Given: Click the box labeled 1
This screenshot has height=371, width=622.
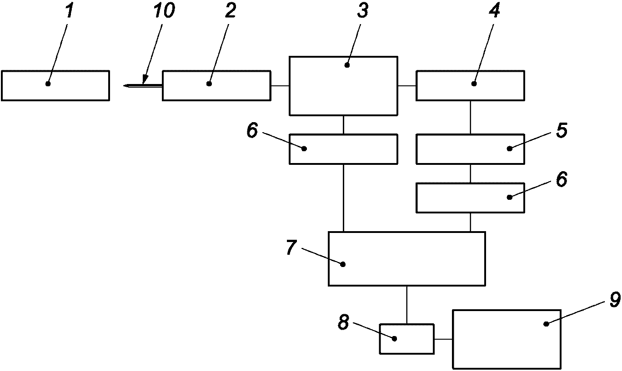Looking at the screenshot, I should click(55, 85).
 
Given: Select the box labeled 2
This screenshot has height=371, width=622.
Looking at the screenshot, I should click(216, 85).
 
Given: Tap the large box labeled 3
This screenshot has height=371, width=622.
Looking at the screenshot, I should click(343, 86).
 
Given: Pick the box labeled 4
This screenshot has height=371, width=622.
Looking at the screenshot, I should click(470, 85).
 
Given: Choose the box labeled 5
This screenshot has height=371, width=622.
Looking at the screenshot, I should click(470, 149).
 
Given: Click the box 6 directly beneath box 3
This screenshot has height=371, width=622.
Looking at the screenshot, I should click(343, 149).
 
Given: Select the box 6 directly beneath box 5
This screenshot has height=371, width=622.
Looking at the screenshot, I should click(470, 198).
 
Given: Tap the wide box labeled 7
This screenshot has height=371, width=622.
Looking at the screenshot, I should click(406, 259).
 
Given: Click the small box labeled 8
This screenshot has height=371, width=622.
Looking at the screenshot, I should click(406, 339).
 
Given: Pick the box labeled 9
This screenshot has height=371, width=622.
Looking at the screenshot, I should click(507, 339).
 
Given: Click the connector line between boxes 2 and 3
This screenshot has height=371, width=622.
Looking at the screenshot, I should click(280, 85).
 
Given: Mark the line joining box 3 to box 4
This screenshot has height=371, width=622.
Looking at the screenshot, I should click(407, 85).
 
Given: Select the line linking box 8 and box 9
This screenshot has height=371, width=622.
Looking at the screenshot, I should click(443, 339).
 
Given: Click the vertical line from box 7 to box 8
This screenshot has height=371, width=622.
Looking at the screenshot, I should click(406, 305).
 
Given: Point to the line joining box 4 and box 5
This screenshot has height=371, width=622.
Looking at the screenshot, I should click(470, 117).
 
